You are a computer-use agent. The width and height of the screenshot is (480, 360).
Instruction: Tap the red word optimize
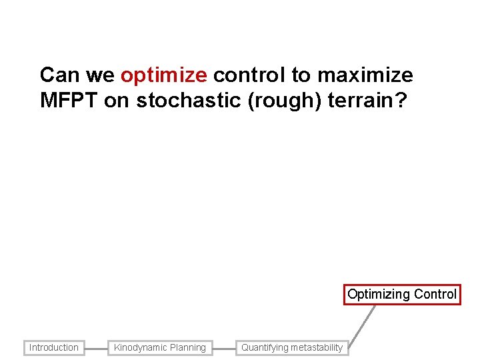164,75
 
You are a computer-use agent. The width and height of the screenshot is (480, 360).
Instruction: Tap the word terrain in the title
360,101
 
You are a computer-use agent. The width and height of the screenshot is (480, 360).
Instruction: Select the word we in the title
99,75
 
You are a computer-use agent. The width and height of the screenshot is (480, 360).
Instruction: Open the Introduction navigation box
54,347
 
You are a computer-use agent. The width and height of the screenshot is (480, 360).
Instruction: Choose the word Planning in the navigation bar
189,347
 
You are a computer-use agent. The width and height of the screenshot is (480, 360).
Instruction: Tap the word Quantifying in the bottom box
265,347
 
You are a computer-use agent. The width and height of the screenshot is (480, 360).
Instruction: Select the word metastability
317,347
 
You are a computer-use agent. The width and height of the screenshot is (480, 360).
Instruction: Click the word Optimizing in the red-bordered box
379,294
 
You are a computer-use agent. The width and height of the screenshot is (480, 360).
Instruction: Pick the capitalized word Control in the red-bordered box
435,294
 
